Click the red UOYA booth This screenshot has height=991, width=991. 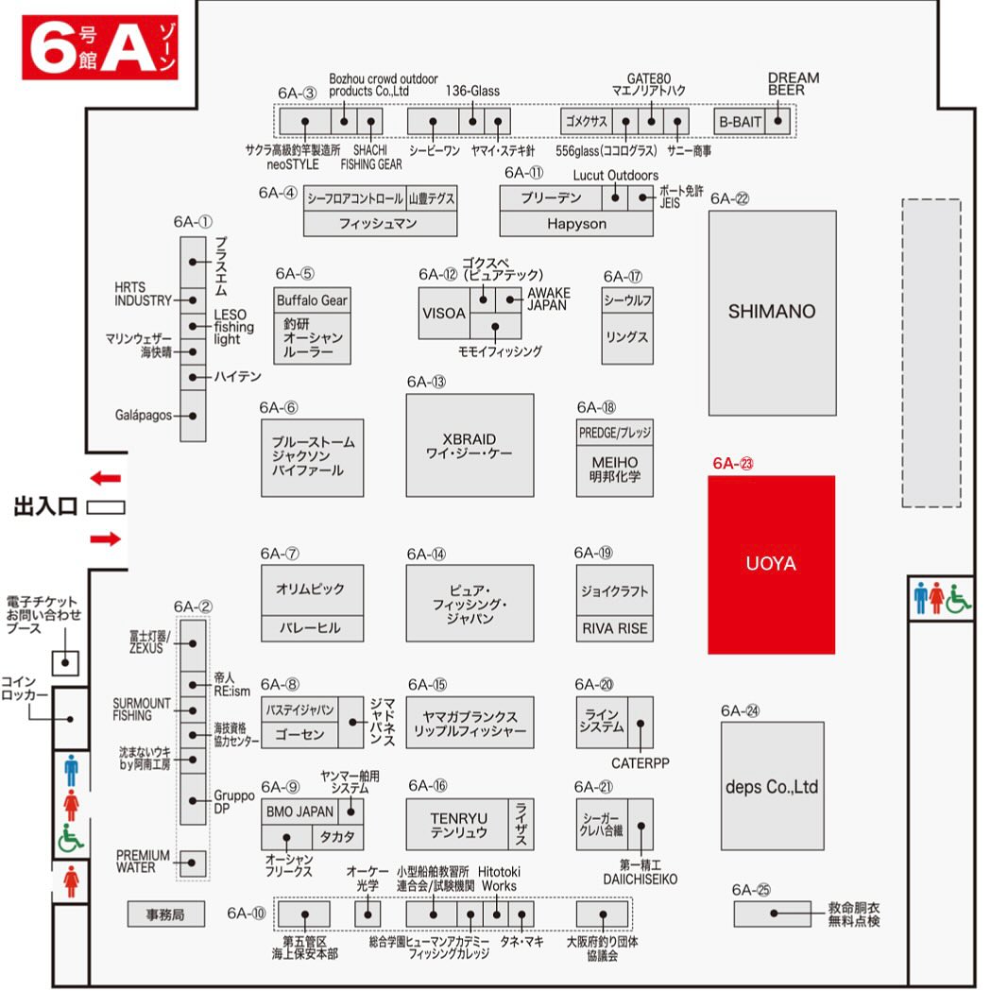tap(771, 564)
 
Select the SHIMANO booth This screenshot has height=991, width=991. tap(772, 312)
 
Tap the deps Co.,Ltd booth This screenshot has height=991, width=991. tap(772, 786)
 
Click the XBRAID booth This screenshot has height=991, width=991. tap(470, 447)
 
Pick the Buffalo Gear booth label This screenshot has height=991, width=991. tap(312, 300)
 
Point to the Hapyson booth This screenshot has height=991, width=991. tap(576, 224)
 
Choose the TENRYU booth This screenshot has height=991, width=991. tap(459, 825)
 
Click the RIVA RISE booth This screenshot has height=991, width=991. tap(614, 628)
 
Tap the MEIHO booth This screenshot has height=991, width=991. tap(614, 470)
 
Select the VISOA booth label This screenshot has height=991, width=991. tap(443, 314)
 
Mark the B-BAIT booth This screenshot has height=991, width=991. tap(740, 122)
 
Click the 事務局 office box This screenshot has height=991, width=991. tap(166, 914)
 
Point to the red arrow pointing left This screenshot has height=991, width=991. tap(106, 478)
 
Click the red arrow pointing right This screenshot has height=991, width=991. tap(106, 538)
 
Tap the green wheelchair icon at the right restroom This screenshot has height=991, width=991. tap(959, 597)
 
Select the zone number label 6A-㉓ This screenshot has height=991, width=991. tap(733, 463)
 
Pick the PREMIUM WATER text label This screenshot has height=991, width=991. tap(144, 861)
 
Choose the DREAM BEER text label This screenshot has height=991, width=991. tap(793, 84)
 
